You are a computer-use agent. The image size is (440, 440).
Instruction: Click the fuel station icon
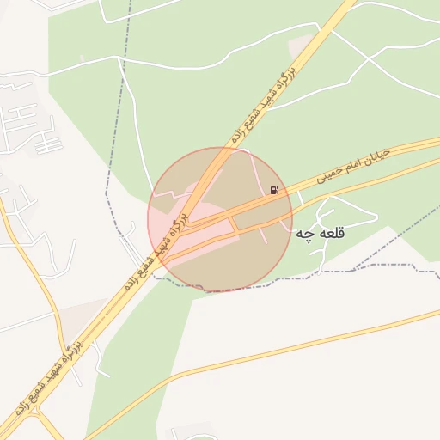click(x=274, y=190)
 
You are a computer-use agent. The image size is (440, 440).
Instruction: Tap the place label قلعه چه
click(x=320, y=233)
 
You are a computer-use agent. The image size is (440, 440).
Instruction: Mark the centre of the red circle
click(x=220, y=219)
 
